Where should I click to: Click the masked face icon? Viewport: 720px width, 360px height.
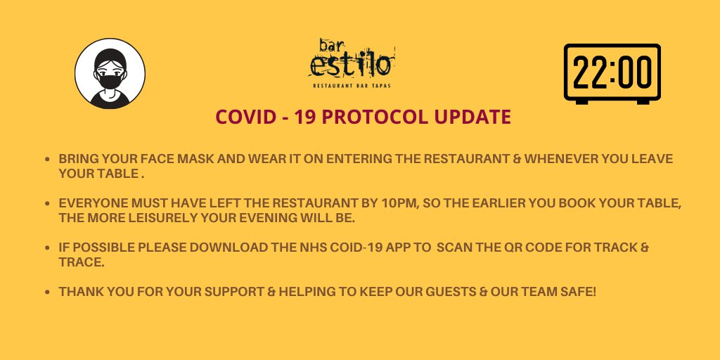point(110,73)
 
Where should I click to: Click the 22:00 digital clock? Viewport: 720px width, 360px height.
point(613,73)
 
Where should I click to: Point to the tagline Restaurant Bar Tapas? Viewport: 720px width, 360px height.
point(351,86)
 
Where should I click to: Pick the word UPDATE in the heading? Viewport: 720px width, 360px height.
point(475,117)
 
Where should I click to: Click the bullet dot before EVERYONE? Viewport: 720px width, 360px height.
point(46,204)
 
